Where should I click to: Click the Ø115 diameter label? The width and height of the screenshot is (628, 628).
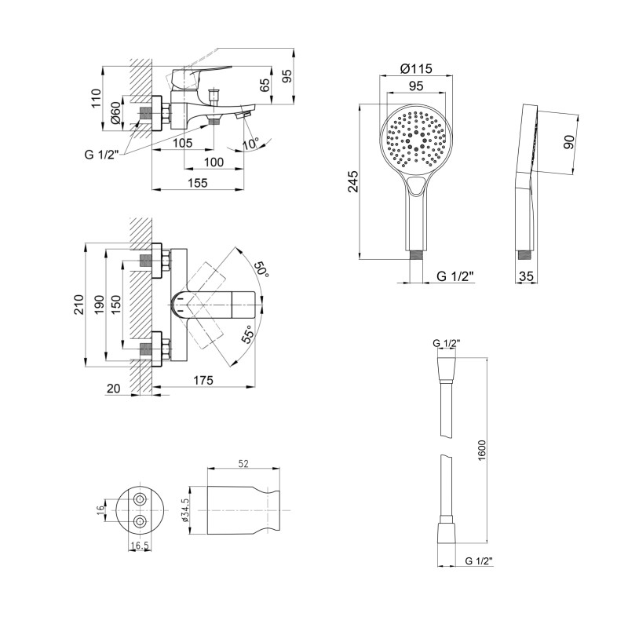tap(417, 69)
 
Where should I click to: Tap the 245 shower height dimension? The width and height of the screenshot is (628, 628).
tap(353, 181)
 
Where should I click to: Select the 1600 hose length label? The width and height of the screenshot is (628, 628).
tap(481, 450)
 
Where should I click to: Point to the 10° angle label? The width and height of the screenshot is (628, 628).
tap(251, 143)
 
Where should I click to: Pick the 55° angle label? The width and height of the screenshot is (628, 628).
tap(248, 334)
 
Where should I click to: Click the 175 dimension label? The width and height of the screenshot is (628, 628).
tap(203, 380)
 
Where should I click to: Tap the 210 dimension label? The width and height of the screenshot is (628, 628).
tap(79, 305)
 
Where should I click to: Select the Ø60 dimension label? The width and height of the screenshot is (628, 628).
tap(115, 113)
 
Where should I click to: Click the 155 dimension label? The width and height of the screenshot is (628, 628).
tap(198, 183)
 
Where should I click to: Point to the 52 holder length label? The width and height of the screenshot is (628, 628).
tap(243, 463)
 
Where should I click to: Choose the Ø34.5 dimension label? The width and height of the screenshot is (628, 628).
tap(184, 510)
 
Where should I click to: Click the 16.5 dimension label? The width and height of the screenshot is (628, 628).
tap(140, 546)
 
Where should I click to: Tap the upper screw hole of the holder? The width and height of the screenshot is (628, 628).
tap(140, 499)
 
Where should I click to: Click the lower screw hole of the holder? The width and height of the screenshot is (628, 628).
tap(140, 521)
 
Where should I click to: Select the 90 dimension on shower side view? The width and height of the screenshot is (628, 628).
tap(568, 142)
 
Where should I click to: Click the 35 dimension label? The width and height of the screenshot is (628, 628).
tap(526, 276)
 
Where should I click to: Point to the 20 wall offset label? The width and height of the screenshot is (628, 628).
tap(113, 389)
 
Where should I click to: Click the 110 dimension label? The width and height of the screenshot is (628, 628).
tap(96, 98)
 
